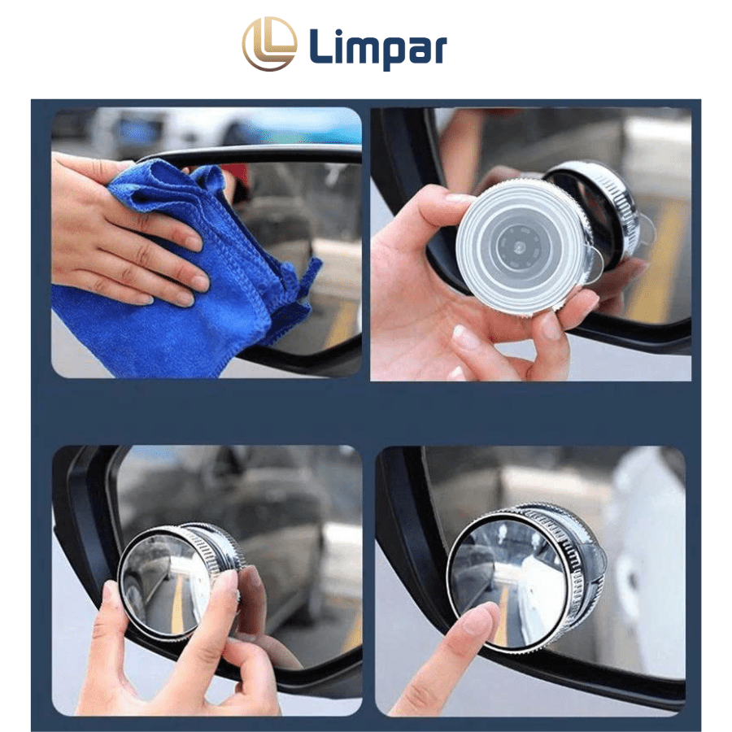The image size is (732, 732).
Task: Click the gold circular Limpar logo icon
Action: (269, 43)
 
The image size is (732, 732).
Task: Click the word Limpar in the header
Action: (377, 47)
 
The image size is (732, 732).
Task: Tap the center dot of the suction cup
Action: (519, 246)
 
